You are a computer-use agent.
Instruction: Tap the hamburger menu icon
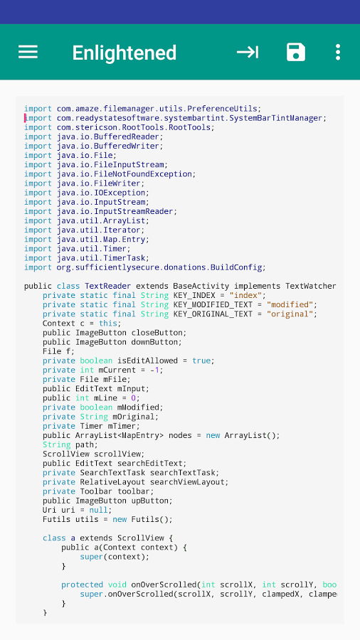28,52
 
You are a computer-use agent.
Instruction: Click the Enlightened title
125,53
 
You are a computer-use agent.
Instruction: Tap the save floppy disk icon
296,52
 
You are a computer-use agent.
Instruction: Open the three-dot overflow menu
337,52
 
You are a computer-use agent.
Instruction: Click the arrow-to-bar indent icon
248,52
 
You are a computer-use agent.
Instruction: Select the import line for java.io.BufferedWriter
93,146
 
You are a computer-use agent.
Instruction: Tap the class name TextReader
107,286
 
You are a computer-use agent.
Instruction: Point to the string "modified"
290,305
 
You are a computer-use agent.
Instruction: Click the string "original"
290,314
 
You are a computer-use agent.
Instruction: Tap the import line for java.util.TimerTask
87,258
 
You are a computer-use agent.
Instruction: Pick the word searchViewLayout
187,482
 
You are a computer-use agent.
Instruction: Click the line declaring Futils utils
107,520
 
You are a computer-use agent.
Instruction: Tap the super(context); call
115,557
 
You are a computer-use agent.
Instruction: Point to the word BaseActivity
201,286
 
